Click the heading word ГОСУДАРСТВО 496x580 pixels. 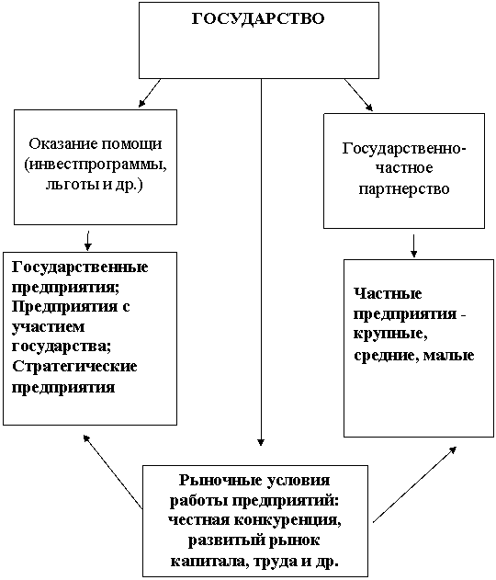258,18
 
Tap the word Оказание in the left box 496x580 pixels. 63,143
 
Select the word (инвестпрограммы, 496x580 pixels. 96,165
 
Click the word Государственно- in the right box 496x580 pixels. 404,149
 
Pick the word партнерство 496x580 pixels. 404,189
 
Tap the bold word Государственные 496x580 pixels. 80,267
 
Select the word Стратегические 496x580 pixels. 74,367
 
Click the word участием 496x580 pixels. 49,327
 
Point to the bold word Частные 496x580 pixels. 388,294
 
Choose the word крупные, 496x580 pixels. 390,334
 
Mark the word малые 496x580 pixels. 448,355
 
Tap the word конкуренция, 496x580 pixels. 287,520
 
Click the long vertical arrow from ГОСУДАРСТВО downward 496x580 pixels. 261,262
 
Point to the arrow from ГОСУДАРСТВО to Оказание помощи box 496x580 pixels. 150,93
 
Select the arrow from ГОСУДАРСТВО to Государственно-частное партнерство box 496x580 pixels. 358,95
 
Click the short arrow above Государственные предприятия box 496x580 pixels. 88,241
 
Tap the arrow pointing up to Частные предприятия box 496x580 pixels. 414,484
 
